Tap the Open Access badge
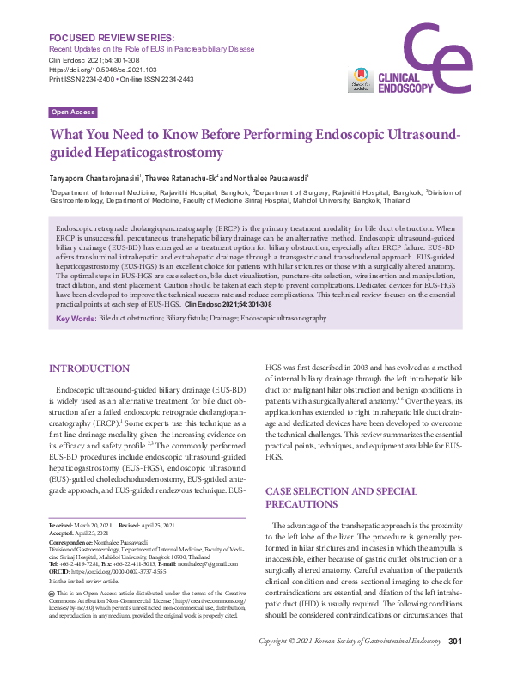(73, 113)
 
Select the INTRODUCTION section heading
(89, 368)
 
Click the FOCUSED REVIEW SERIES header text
(113, 39)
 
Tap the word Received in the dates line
(61, 525)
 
